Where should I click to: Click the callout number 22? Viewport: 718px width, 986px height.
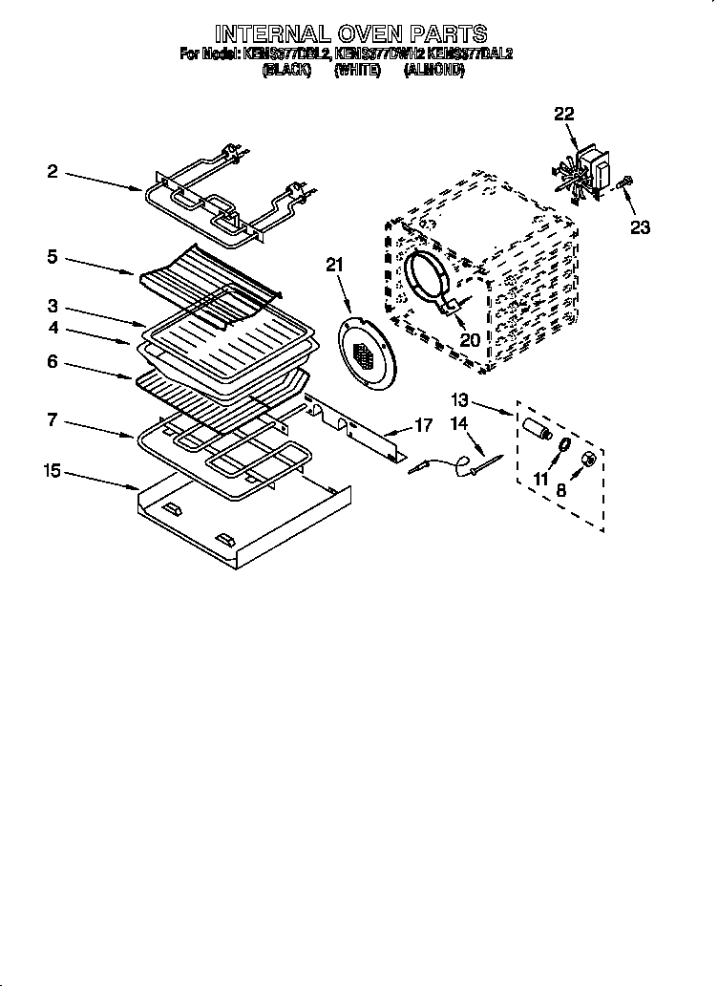tap(564, 114)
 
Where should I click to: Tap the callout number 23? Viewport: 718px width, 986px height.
tap(639, 227)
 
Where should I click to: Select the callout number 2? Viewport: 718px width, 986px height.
tap(53, 172)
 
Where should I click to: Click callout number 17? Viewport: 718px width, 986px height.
tap(422, 425)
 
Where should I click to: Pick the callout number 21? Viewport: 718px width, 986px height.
tap(333, 265)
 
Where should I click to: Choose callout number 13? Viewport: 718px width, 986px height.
tap(461, 400)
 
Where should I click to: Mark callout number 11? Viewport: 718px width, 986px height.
tap(541, 479)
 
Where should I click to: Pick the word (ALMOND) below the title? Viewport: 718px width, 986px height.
tap(434, 71)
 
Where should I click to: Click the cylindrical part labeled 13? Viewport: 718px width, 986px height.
tap(537, 426)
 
